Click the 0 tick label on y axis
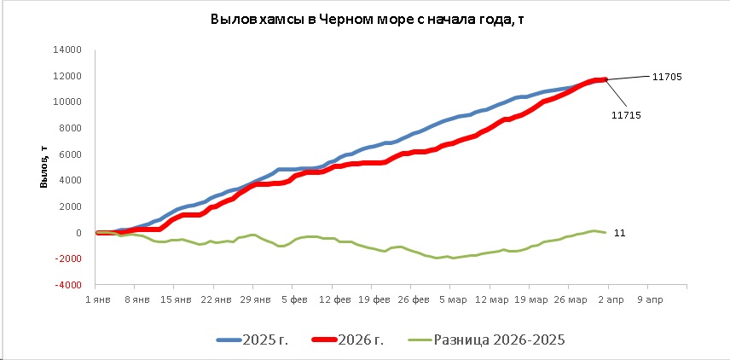tap(78, 233)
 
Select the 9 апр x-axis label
tap(647, 300)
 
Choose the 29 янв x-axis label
tap(255, 300)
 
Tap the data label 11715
tap(627, 114)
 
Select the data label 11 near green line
tap(619, 232)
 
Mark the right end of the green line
tap(605, 232)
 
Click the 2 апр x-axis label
tap(606, 300)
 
